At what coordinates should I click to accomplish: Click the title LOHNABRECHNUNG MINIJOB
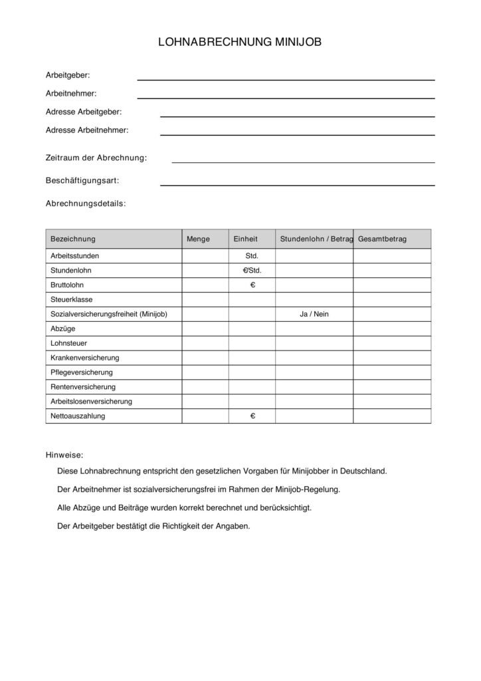coord(240,42)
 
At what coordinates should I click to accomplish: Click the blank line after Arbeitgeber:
coord(286,79)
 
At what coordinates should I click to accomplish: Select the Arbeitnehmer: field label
coord(71,94)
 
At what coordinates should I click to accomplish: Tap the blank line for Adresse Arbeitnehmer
coord(297,134)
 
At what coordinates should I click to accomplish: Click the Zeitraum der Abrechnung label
coord(96,158)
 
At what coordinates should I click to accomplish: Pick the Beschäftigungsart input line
coord(297,184)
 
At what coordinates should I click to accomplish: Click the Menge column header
coord(198,239)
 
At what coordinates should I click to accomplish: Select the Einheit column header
coord(245,239)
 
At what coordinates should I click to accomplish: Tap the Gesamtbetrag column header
coord(382,239)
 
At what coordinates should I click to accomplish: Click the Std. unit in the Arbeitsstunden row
coord(252,255)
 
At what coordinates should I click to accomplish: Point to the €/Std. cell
coord(252,270)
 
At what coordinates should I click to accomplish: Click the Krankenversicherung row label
coord(85,358)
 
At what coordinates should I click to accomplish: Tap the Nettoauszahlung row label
coord(78,416)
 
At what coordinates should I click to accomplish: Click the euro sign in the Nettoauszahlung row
coord(252,416)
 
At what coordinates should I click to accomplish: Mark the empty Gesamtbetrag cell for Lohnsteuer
coord(392,343)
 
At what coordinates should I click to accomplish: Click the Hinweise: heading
coord(64,455)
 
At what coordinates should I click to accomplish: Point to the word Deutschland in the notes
coord(363,471)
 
